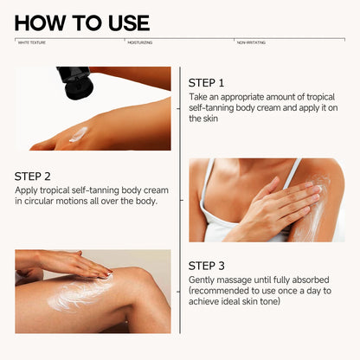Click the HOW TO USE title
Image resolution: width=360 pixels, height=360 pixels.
(x=82, y=22)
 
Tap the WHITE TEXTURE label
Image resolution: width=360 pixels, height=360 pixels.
(x=34, y=41)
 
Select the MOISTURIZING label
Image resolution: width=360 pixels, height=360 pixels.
(x=141, y=41)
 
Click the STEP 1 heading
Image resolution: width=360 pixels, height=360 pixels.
(x=207, y=83)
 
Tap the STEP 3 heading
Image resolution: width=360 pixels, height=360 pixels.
(x=207, y=265)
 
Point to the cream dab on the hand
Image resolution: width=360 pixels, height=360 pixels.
(x=79, y=134)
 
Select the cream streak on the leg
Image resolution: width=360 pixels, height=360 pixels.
(x=78, y=297)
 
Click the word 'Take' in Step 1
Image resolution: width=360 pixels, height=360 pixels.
(x=198, y=98)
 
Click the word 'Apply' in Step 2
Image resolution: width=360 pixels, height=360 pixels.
(x=26, y=190)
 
